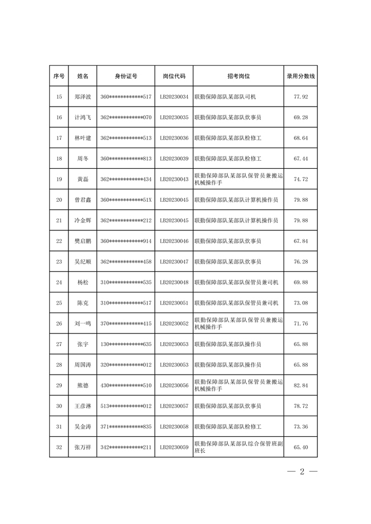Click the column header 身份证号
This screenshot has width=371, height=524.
click(x=126, y=76)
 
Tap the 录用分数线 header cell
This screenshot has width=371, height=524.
click(x=301, y=76)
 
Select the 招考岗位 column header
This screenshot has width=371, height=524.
click(x=238, y=76)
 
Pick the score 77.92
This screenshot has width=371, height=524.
click(x=301, y=97)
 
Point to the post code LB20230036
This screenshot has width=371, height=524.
click(x=174, y=138)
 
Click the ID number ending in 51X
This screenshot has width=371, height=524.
click(x=126, y=200)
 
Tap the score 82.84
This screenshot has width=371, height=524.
click(x=301, y=385)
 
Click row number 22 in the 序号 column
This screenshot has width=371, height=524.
click(x=59, y=241)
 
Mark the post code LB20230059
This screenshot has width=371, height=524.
click(x=174, y=447)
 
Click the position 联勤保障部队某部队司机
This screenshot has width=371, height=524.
click(x=226, y=97)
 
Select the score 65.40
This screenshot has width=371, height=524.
click(x=301, y=447)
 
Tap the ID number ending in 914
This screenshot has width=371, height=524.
click(x=126, y=241)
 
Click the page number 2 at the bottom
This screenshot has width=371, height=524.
click(x=301, y=472)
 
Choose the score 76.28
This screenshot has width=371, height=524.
click(x=301, y=262)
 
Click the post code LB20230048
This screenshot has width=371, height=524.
click(x=174, y=282)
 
